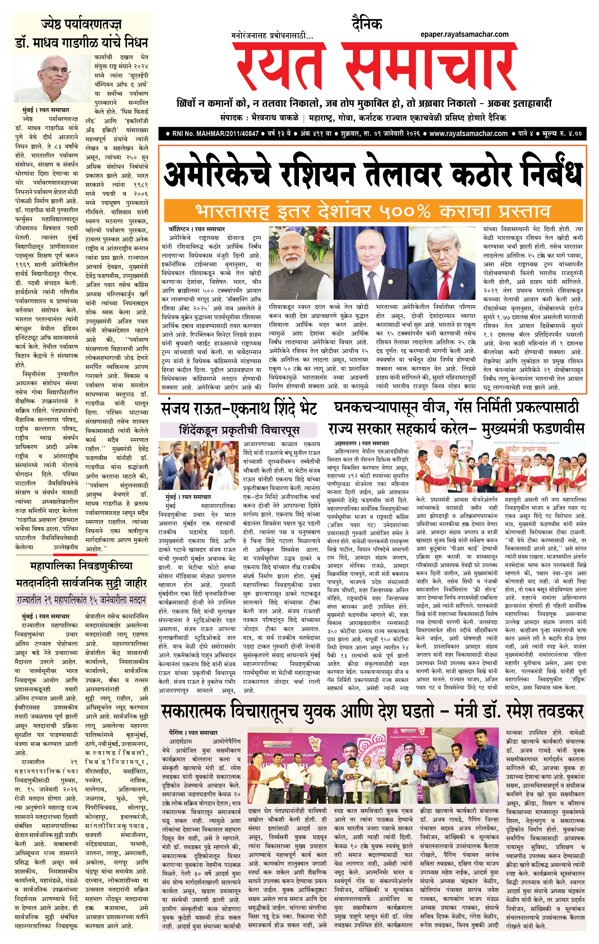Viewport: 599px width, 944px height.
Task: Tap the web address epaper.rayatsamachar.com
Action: pyautogui.click(x=464, y=34)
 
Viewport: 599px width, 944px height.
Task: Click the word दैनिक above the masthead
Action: pyautogui.click(x=367, y=24)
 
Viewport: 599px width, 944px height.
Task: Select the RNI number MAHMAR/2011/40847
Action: pyautogui.click(x=216, y=134)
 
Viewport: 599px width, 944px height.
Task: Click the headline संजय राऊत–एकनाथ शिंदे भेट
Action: pyautogui.click(x=239, y=409)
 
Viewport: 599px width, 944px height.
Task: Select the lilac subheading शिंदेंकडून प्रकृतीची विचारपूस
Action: pyautogui.click(x=239, y=430)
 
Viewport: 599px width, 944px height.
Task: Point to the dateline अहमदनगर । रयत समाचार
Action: pyautogui.click(x=361, y=443)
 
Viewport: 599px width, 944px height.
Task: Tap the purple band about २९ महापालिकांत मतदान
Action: pyautogui.click(x=81, y=600)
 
